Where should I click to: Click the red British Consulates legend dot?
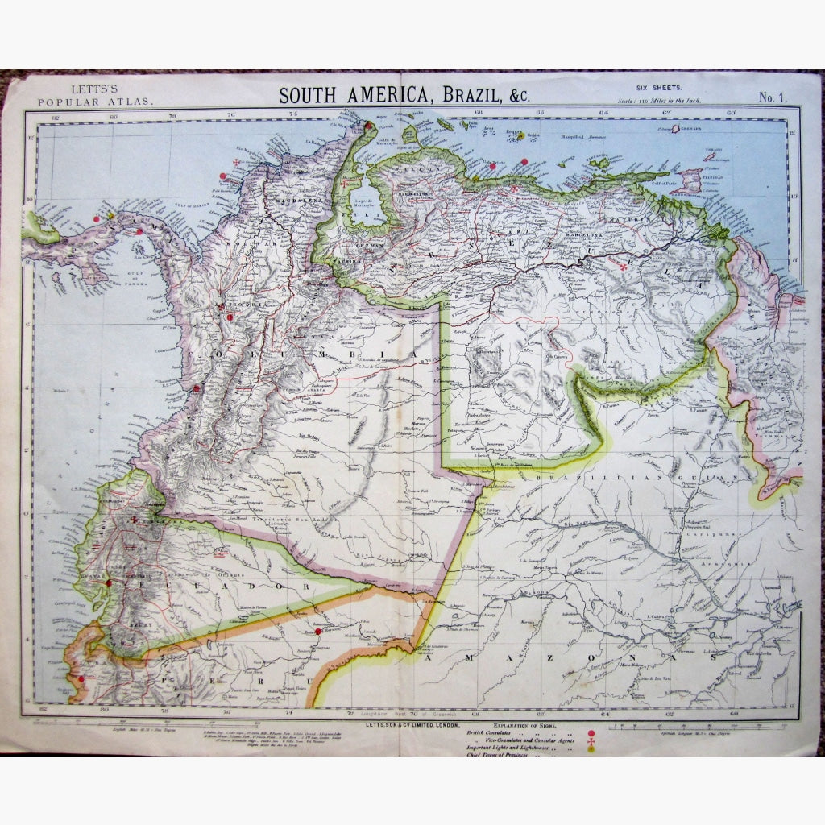point(593,732)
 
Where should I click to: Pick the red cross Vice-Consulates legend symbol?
point(593,740)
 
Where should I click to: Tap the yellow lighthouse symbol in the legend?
point(593,749)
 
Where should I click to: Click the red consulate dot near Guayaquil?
point(110,582)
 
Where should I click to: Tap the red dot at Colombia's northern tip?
point(368,125)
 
